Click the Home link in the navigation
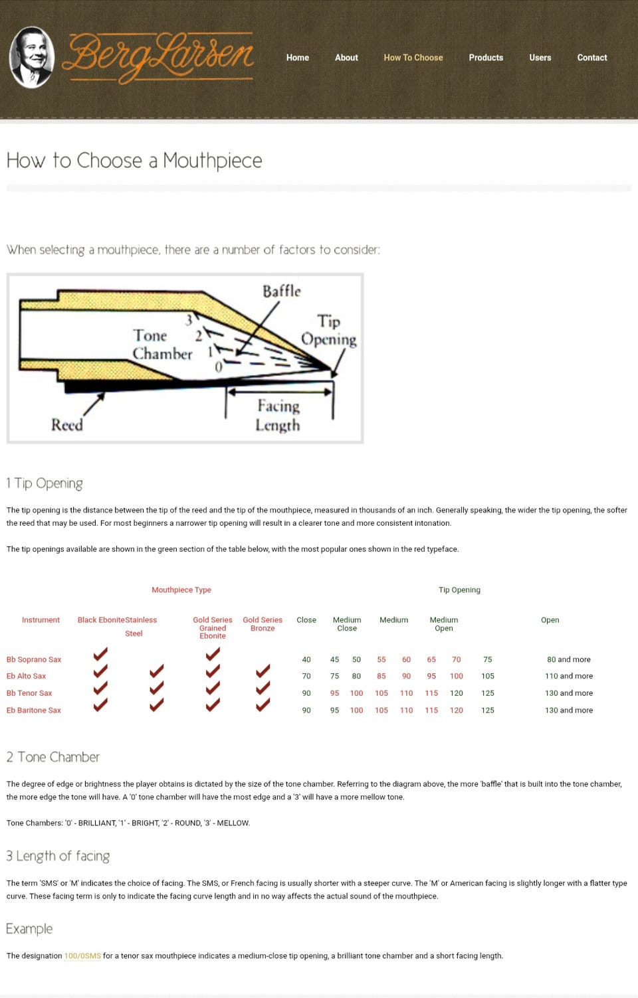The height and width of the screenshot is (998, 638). pyautogui.click(x=297, y=58)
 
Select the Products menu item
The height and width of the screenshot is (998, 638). pyautogui.click(x=486, y=58)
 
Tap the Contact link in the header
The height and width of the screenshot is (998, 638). pyautogui.click(x=592, y=58)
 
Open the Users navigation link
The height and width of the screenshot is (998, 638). pyautogui.click(x=540, y=58)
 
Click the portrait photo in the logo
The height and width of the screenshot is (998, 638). pyautogui.click(x=32, y=57)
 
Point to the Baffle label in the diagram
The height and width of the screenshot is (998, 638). pyautogui.click(x=282, y=291)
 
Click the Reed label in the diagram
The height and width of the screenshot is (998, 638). pyautogui.click(x=67, y=424)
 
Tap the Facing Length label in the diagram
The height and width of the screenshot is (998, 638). pyautogui.click(x=278, y=415)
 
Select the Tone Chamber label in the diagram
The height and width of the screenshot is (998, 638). pyautogui.click(x=162, y=345)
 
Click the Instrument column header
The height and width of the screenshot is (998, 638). pyautogui.click(x=41, y=620)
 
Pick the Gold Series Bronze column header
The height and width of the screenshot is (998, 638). pyautogui.click(x=263, y=624)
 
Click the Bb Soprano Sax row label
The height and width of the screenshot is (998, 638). pyautogui.click(x=34, y=659)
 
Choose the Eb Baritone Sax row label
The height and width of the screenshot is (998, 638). pyautogui.click(x=33, y=710)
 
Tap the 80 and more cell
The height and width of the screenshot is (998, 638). pyautogui.click(x=569, y=659)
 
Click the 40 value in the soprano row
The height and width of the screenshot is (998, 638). pyautogui.click(x=306, y=659)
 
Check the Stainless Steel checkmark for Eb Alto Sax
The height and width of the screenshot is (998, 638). pyautogui.click(x=156, y=671)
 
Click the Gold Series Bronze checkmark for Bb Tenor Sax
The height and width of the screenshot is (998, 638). pyautogui.click(x=263, y=688)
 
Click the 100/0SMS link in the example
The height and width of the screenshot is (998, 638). pyautogui.click(x=82, y=956)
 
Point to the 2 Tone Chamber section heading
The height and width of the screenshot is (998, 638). pyautogui.click(x=53, y=757)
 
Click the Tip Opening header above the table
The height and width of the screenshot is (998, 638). pyautogui.click(x=460, y=590)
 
